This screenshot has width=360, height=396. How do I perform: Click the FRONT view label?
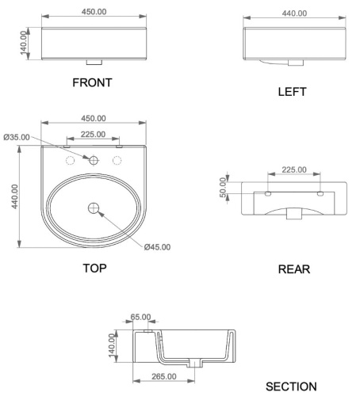[x=92, y=82]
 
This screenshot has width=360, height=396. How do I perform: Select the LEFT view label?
[x=292, y=92]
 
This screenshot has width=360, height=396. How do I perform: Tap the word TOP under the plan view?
[x=95, y=268]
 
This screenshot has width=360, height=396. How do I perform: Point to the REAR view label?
[x=294, y=269]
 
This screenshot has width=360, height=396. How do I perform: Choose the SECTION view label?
[x=291, y=386]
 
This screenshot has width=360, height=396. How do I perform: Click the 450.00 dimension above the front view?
[x=94, y=12]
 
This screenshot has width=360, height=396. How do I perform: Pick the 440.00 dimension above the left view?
[x=294, y=13]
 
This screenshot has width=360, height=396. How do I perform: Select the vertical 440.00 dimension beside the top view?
[x=15, y=196]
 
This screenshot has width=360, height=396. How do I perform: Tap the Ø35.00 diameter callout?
[x=17, y=137]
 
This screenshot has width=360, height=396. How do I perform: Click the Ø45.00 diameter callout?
[x=157, y=247]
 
